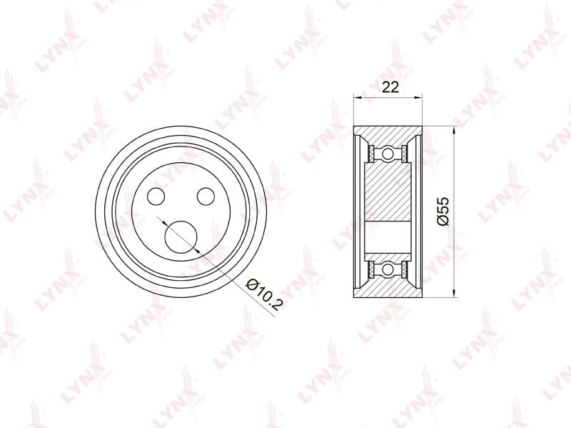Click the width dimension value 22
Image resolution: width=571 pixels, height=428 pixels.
point(390,87)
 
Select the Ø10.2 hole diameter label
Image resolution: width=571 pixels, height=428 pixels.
point(264,294)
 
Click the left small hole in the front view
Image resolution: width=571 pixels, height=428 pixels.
point(156,196)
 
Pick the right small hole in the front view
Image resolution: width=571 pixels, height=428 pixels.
point(206,196)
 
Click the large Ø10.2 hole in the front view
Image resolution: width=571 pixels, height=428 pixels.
point(181,237)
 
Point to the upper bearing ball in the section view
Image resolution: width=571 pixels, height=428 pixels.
point(388,154)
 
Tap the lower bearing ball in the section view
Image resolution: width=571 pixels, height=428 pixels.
point(388,270)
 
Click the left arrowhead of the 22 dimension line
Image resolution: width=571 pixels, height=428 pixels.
point(358,97)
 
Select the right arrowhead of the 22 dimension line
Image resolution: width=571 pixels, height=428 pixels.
point(418,97)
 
